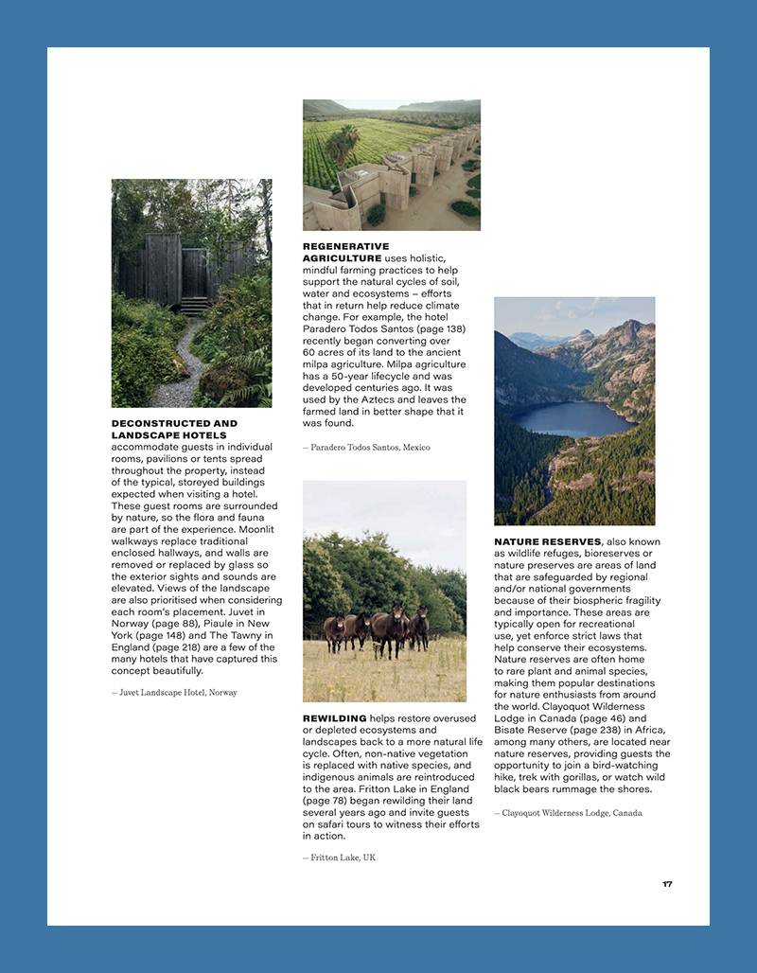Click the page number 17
pyautogui.click(x=667, y=884)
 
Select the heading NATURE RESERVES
pyautogui.click(x=547, y=542)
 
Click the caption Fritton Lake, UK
pyautogui.click(x=339, y=858)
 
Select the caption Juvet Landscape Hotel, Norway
pyautogui.click(x=174, y=693)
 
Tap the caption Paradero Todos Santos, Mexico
pyautogui.click(x=366, y=448)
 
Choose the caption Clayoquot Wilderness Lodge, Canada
pyautogui.click(x=568, y=813)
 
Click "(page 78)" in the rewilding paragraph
pyautogui.click(x=327, y=801)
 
